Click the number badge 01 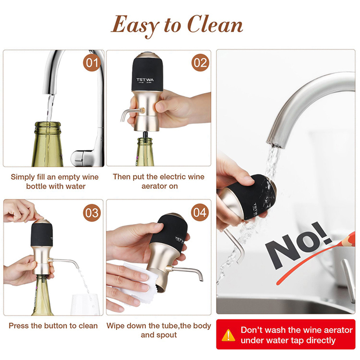pos(92,63)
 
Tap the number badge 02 pos(200,63)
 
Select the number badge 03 pos(92,213)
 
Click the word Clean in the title pos(215,24)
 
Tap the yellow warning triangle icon pos(228,335)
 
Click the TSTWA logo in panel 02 pos(145,80)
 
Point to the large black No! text pos(299,246)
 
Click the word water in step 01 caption pos(75,186)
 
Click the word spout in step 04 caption pos(168,335)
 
